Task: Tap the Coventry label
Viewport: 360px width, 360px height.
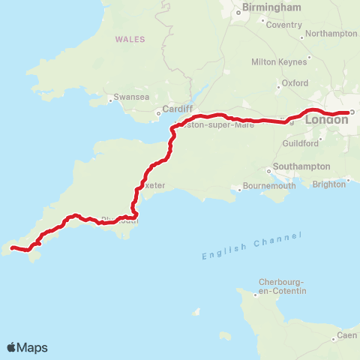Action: (x=283, y=25)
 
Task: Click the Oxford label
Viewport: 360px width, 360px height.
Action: (x=295, y=83)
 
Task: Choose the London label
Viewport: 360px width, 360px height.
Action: (x=327, y=119)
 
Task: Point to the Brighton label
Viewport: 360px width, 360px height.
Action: (x=329, y=184)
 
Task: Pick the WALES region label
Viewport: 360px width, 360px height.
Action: (x=130, y=38)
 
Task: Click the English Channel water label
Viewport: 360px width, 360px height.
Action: (x=251, y=246)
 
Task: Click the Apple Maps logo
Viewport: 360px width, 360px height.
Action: (x=28, y=347)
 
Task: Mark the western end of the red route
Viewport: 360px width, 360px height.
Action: (x=11, y=247)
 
